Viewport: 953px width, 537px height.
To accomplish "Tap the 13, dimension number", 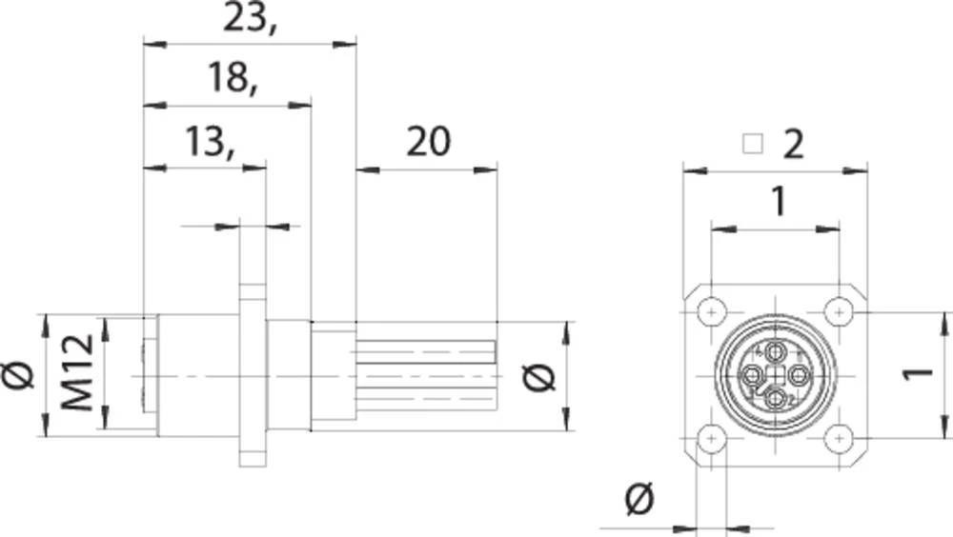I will click(210, 144).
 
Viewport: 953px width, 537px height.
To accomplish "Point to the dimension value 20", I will click(428, 143).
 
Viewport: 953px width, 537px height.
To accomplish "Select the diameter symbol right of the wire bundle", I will click(539, 378).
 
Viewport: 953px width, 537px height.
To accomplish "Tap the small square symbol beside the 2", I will click(754, 144).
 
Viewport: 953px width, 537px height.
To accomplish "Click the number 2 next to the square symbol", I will click(794, 144).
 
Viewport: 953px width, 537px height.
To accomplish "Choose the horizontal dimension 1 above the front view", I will click(779, 202).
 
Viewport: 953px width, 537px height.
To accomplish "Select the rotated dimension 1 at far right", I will click(917, 373).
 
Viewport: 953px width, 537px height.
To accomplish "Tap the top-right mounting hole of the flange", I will click(838, 310).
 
